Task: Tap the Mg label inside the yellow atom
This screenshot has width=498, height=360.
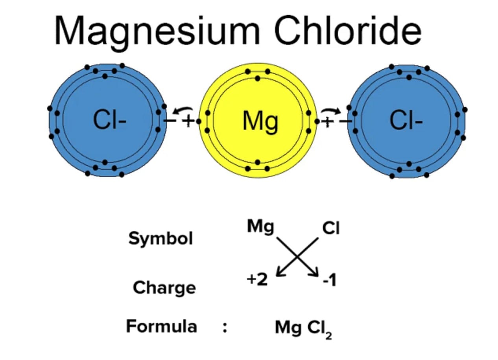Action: pyautogui.click(x=260, y=121)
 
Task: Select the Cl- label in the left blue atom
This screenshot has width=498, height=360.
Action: pyautogui.click(x=110, y=120)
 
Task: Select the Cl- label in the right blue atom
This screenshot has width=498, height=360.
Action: pyautogui.click(x=406, y=120)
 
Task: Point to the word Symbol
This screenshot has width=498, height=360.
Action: pyautogui.click(x=160, y=239)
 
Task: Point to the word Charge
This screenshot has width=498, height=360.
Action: pyautogui.click(x=164, y=287)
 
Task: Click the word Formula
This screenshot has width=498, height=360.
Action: pyautogui.click(x=161, y=327)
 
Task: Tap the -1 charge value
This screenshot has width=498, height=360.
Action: pyautogui.click(x=329, y=281)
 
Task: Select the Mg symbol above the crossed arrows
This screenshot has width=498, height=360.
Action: pyautogui.click(x=260, y=227)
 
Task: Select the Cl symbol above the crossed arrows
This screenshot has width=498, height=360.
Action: pyautogui.click(x=330, y=228)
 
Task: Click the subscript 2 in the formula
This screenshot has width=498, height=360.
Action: pyautogui.click(x=328, y=335)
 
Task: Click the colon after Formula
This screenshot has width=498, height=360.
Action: pyautogui.click(x=224, y=327)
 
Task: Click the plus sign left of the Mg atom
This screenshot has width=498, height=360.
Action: pyautogui.click(x=188, y=121)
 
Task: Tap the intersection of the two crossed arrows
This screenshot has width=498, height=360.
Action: pyautogui.click(x=298, y=257)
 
